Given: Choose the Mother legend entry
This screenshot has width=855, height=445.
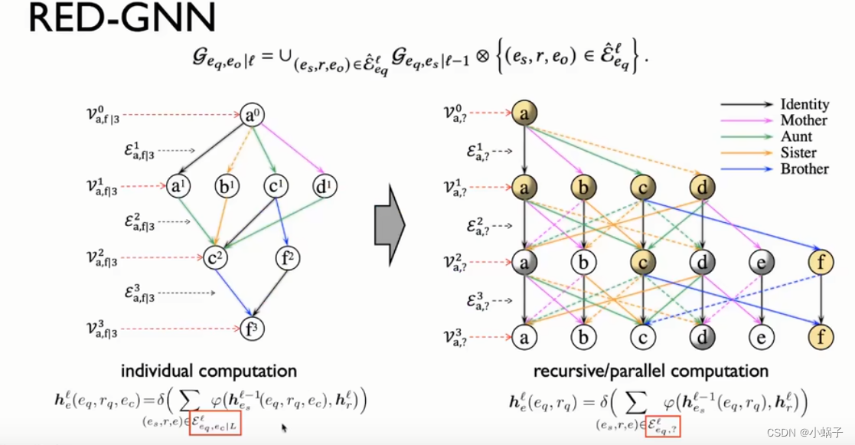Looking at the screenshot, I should tap(804, 120).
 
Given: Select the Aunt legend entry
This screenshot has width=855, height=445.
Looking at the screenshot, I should tap(797, 136).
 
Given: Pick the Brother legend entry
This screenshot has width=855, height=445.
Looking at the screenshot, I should tap(804, 169).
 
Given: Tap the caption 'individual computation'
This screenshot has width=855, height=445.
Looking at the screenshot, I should tap(208, 371).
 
